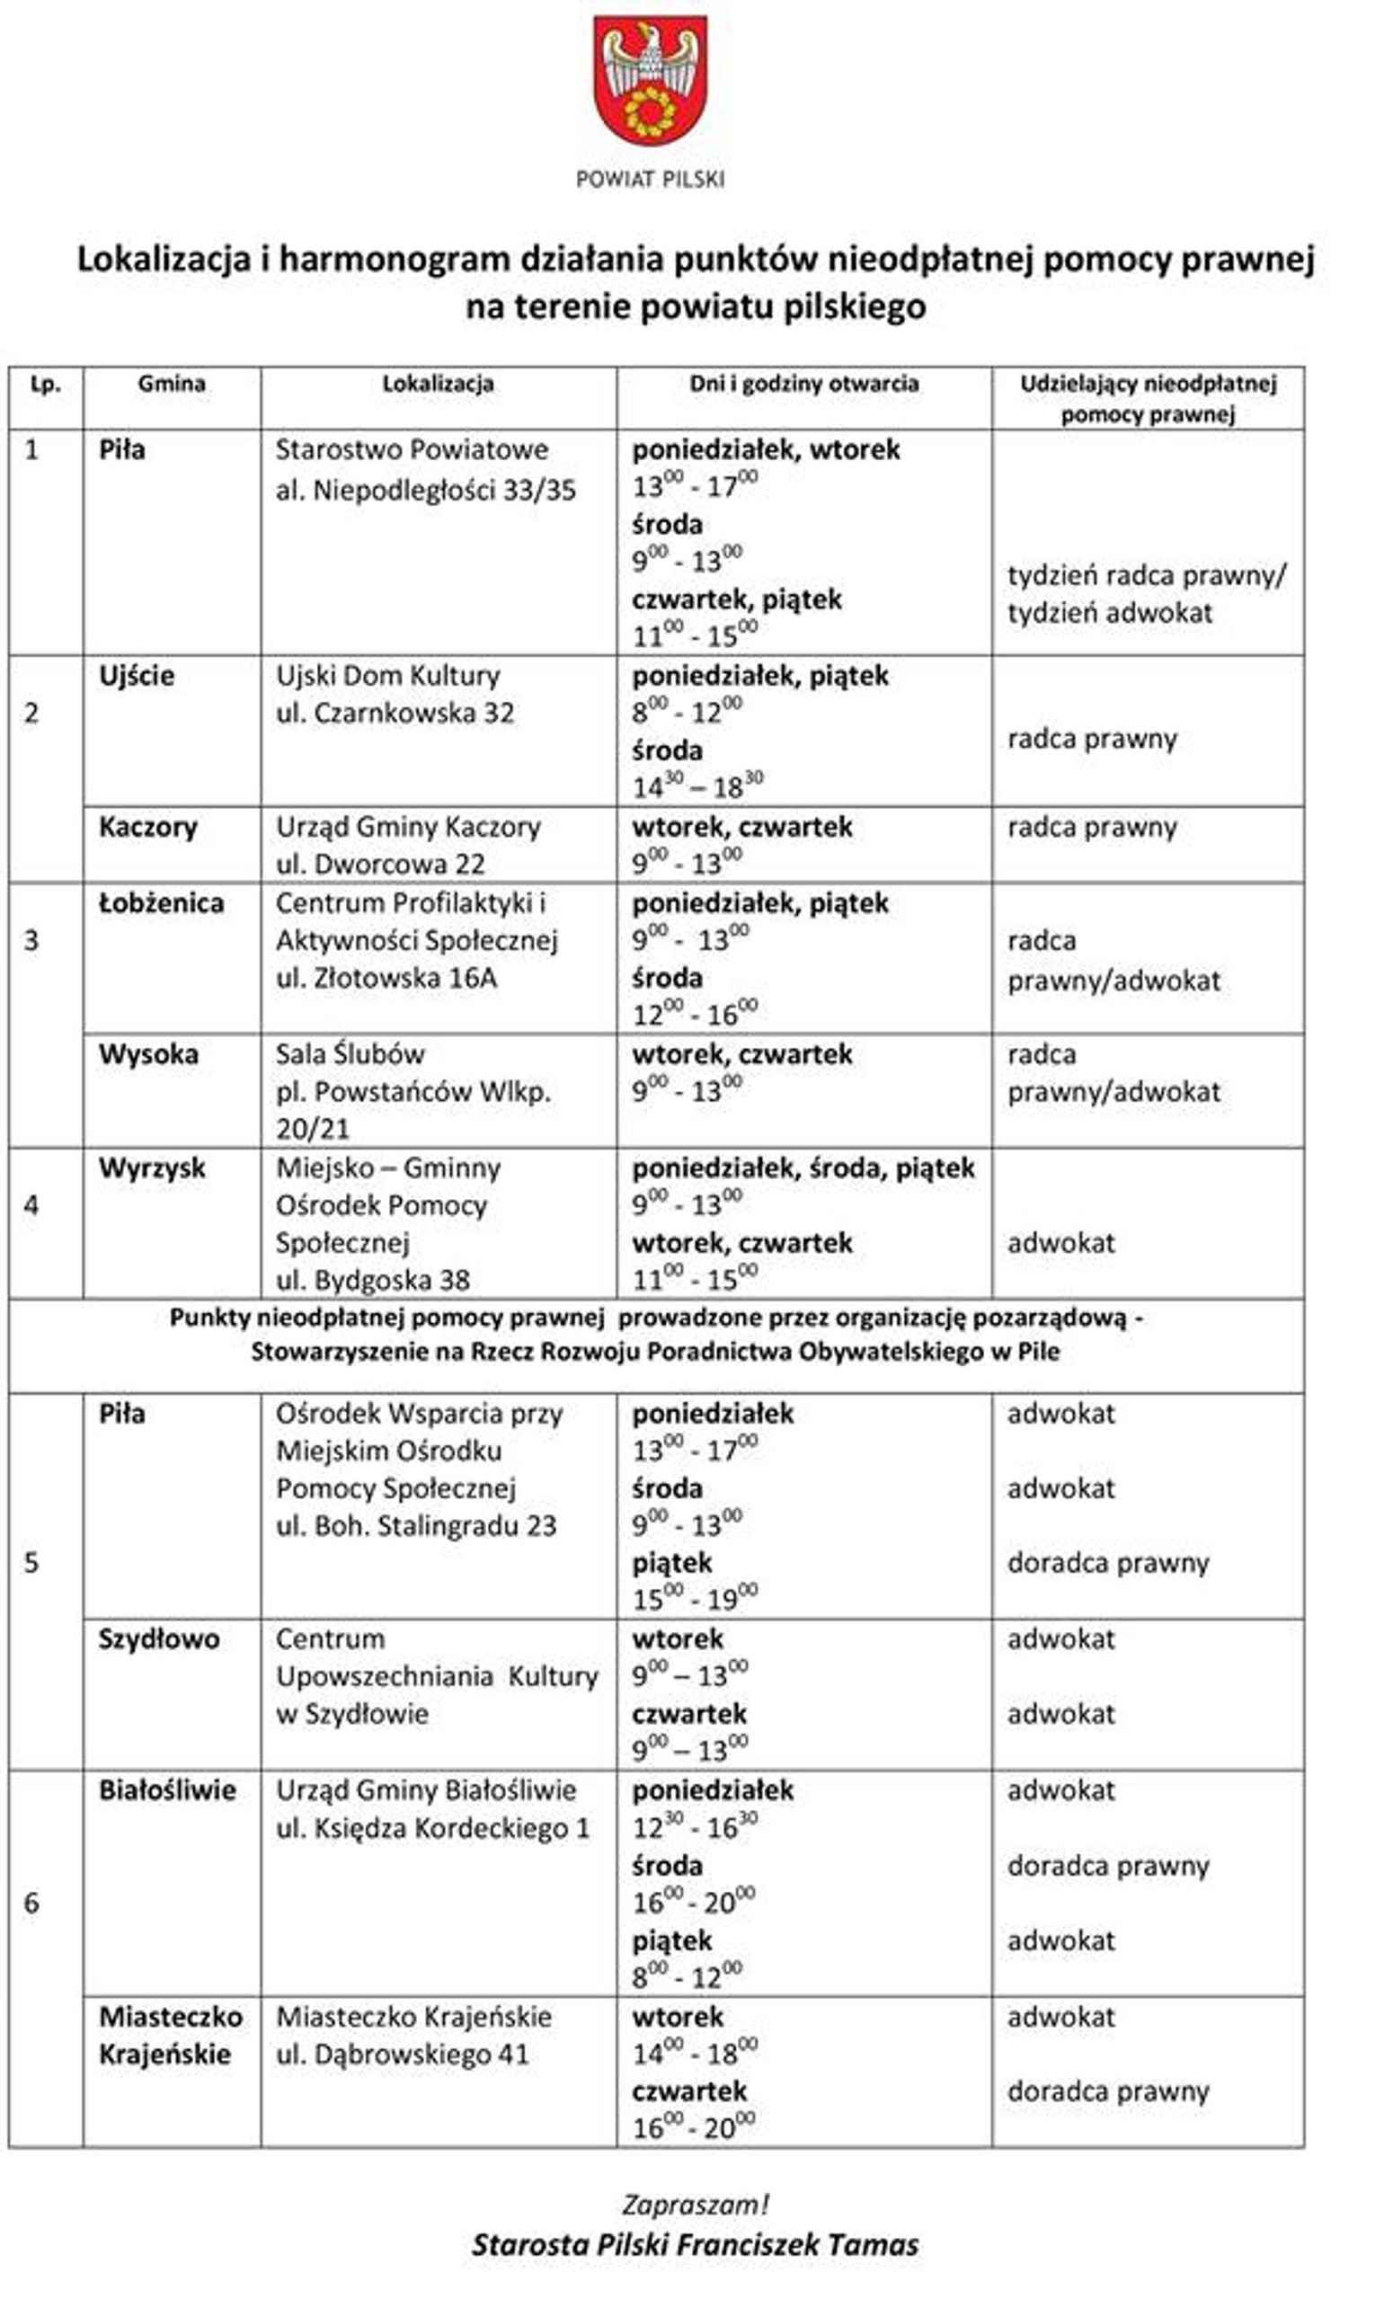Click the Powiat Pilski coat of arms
coord(650,82)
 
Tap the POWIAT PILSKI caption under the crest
coord(650,180)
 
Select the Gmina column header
coord(172,384)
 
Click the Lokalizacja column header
coord(438,384)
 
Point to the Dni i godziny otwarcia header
coord(803,384)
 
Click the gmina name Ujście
coord(137,676)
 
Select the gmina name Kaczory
coord(148,827)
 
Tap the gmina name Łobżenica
coord(161,902)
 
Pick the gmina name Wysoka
coord(148,1053)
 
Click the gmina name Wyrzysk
coord(152,1167)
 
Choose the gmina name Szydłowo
coord(159,1638)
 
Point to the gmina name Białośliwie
coord(167,1789)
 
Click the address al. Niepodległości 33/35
coord(425,489)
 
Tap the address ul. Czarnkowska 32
coord(395,713)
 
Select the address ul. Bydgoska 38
coord(372,1280)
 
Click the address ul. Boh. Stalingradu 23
coord(416,1525)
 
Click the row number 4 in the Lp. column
coord(31,1204)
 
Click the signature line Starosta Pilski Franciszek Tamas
coord(695,2244)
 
